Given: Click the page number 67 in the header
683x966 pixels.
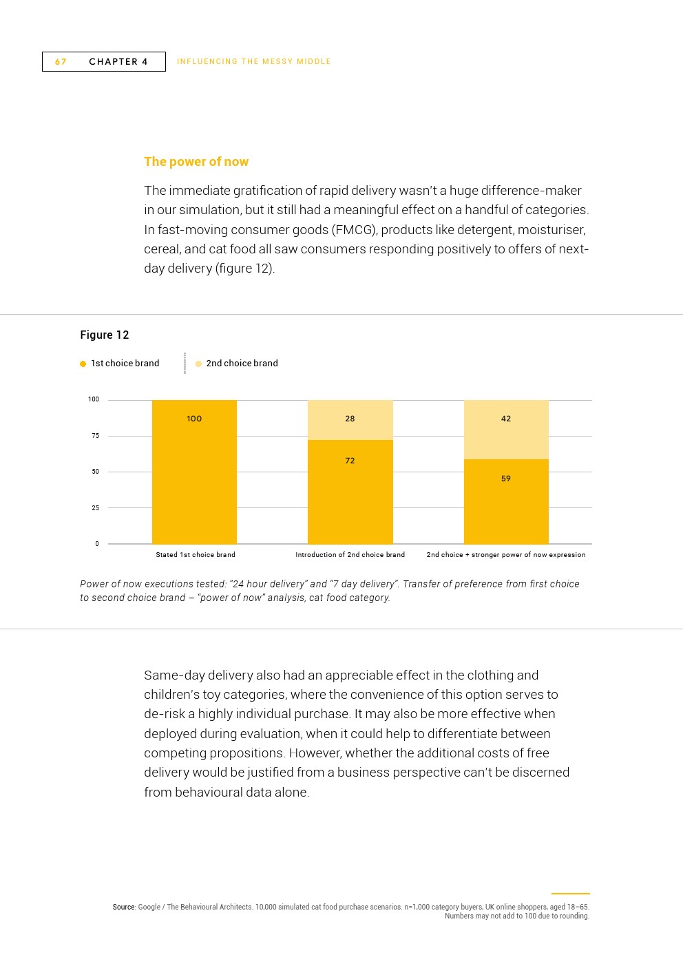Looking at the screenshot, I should click(61, 62).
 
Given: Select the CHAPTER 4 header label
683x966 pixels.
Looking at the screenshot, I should click(118, 62).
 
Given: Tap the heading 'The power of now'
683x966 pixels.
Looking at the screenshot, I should click(196, 162).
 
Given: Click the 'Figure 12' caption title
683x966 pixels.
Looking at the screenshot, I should click(105, 335).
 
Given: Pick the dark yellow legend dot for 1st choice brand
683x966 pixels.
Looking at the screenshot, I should click(83, 364).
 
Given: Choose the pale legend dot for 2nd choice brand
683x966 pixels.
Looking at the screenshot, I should click(198, 364).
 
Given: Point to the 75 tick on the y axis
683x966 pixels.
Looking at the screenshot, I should click(95, 436).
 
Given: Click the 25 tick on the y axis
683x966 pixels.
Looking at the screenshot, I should click(95, 508).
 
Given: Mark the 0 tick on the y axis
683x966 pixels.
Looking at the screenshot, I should click(97, 544).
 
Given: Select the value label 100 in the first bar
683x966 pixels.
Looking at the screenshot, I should click(194, 419).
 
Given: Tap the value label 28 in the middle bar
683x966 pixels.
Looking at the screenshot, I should click(350, 419).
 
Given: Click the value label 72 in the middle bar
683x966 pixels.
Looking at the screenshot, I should click(350, 461).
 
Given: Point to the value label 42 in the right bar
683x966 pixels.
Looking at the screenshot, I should click(506, 419).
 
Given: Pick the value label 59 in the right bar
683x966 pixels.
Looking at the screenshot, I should click(506, 479).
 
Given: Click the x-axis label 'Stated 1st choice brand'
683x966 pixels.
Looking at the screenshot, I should click(196, 555).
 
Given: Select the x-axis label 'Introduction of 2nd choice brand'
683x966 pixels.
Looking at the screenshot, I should click(350, 555).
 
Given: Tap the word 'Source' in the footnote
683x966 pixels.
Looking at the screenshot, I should click(124, 907).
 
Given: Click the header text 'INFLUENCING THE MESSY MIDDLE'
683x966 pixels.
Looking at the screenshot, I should click(254, 62).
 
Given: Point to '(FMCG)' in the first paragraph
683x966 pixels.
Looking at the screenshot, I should click(354, 230).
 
